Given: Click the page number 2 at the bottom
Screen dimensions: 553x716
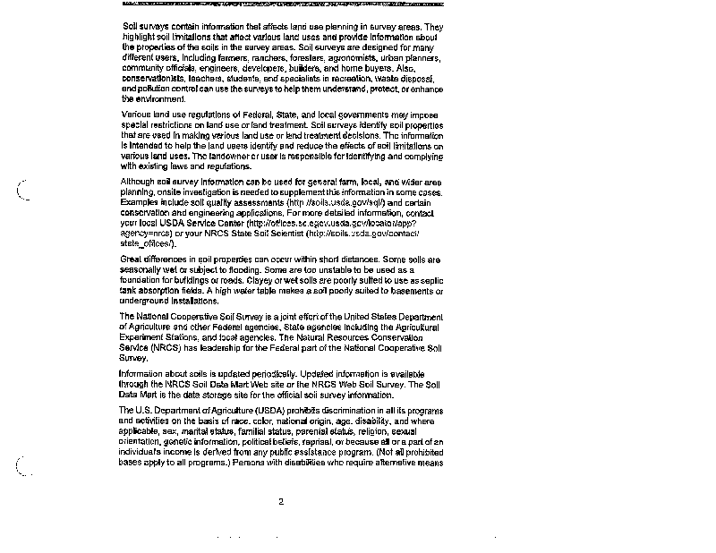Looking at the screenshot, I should pyautogui.click(x=280, y=501).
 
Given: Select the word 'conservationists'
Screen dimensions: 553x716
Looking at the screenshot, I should pyautogui.click(x=158, y=78).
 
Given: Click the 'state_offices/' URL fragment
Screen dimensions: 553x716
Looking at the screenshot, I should pyautogui.click(x=148, y=243).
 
